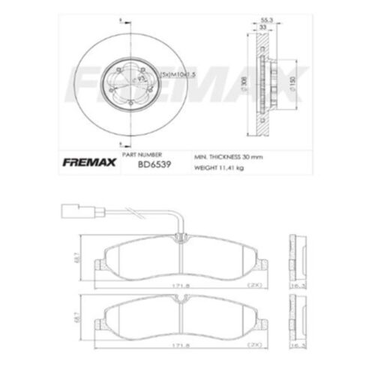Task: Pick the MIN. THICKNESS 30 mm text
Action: click(x=227, y=157)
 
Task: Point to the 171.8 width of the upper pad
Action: click(x=178, y=286)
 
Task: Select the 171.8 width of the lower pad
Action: click(x=178, y=346)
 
